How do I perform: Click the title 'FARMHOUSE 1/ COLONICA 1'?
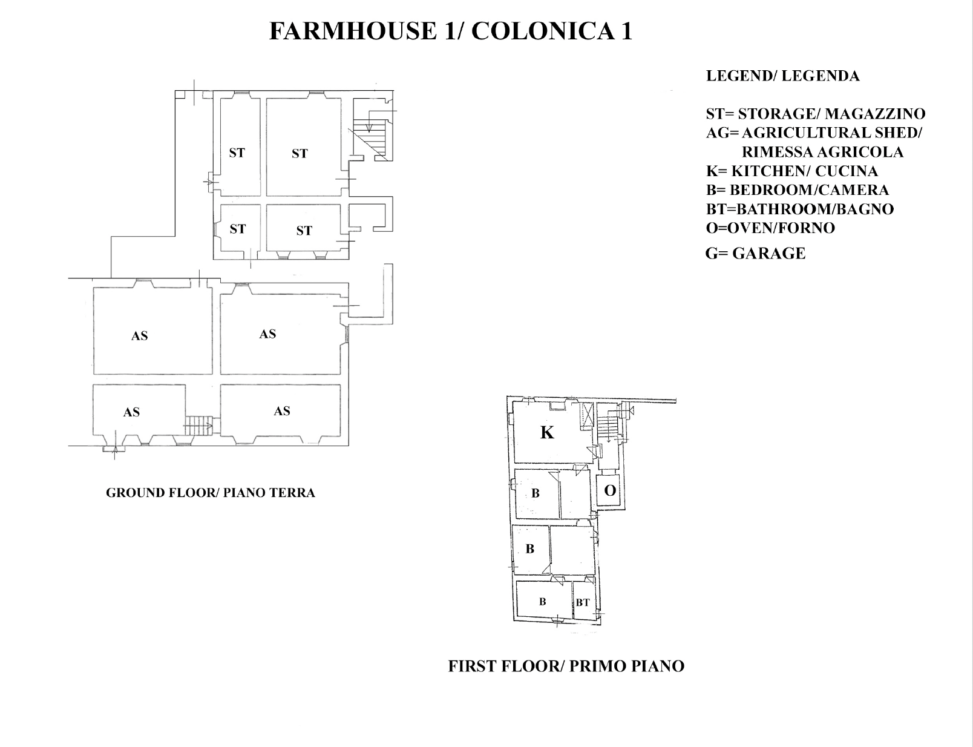point(450,31)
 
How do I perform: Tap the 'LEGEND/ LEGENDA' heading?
point(783,76)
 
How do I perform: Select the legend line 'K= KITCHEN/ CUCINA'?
point(791,171)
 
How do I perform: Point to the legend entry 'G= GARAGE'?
point(755,254)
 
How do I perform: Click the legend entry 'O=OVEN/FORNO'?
point(770,228)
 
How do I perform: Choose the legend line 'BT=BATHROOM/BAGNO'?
point(800,209)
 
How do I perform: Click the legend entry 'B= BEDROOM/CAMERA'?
point(797,190)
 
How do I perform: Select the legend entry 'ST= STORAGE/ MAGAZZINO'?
point(816,114)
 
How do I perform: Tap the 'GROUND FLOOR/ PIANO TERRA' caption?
point(211,493)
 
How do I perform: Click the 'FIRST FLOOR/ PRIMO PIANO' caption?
point(566,666)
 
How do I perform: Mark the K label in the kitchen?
point(547,433)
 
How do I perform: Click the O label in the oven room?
point(610,490)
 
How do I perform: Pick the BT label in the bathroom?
point(583,603)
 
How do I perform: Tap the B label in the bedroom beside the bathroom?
point(542,602)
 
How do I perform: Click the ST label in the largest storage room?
point(300,154)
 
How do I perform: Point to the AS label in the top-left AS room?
point(139,336)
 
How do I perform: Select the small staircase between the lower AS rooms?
point(198,425)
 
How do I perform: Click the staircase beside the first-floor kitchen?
point(608,426)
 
